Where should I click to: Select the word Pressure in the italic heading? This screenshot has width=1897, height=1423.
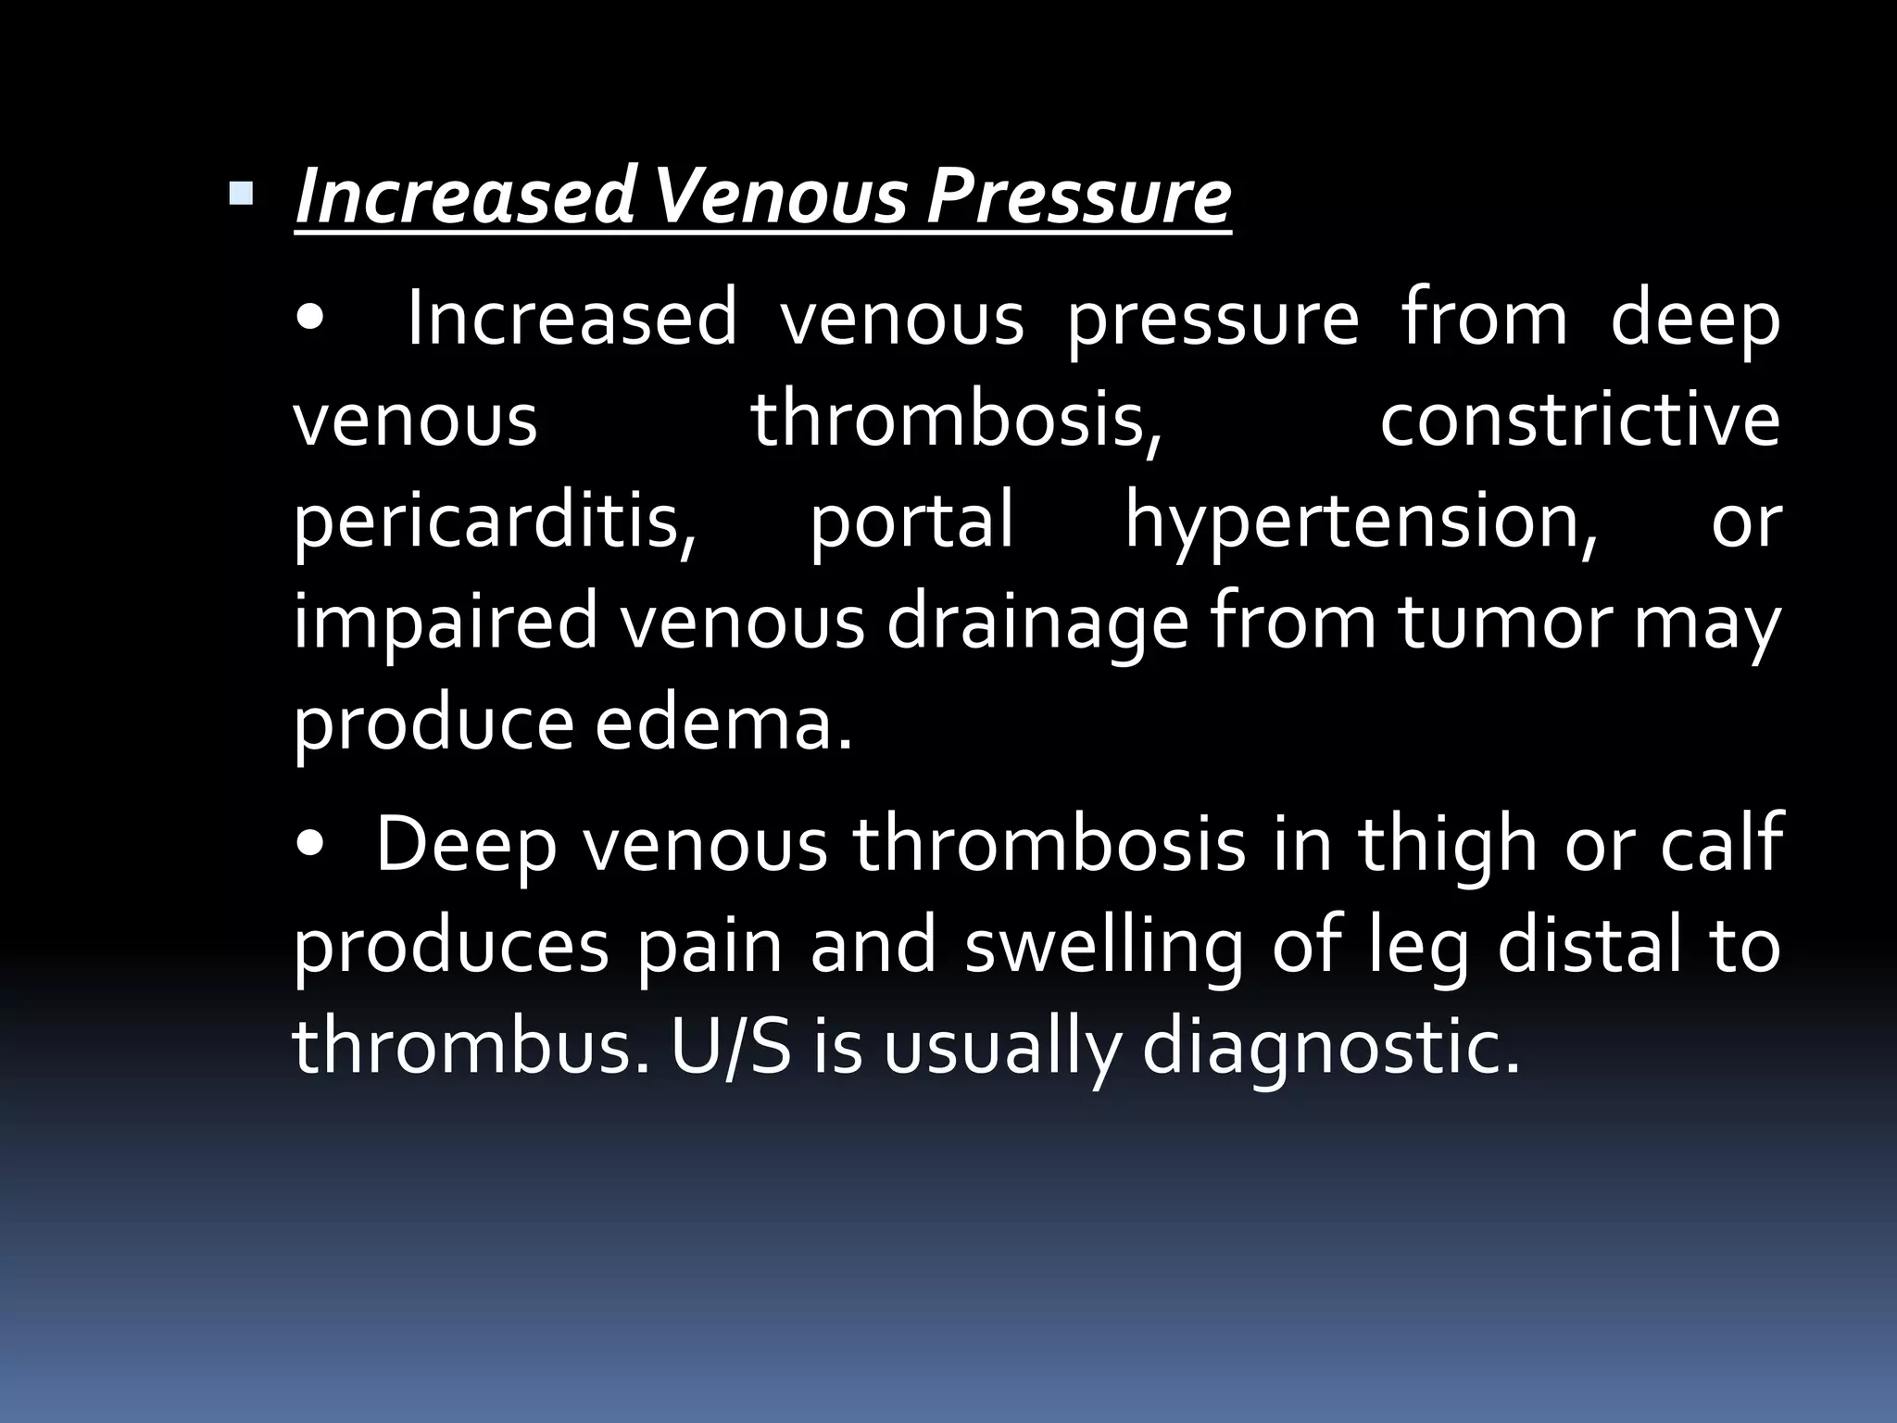[1078, 196]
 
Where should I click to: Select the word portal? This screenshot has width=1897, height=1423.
[912, 521]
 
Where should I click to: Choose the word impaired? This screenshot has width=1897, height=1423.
[445, 624]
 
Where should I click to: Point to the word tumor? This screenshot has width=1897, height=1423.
[1504, 623]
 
